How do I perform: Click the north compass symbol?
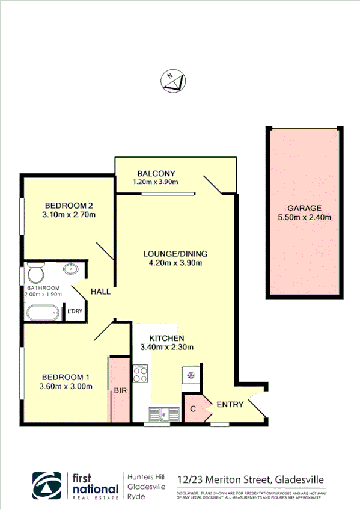174,81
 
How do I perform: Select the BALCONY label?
156,174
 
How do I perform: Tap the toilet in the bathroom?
35,274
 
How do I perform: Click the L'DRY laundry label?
75,311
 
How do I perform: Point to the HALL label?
100,292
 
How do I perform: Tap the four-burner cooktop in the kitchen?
140,374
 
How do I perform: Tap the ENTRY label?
230,404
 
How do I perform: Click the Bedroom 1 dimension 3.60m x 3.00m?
66,386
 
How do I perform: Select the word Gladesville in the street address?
300,479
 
